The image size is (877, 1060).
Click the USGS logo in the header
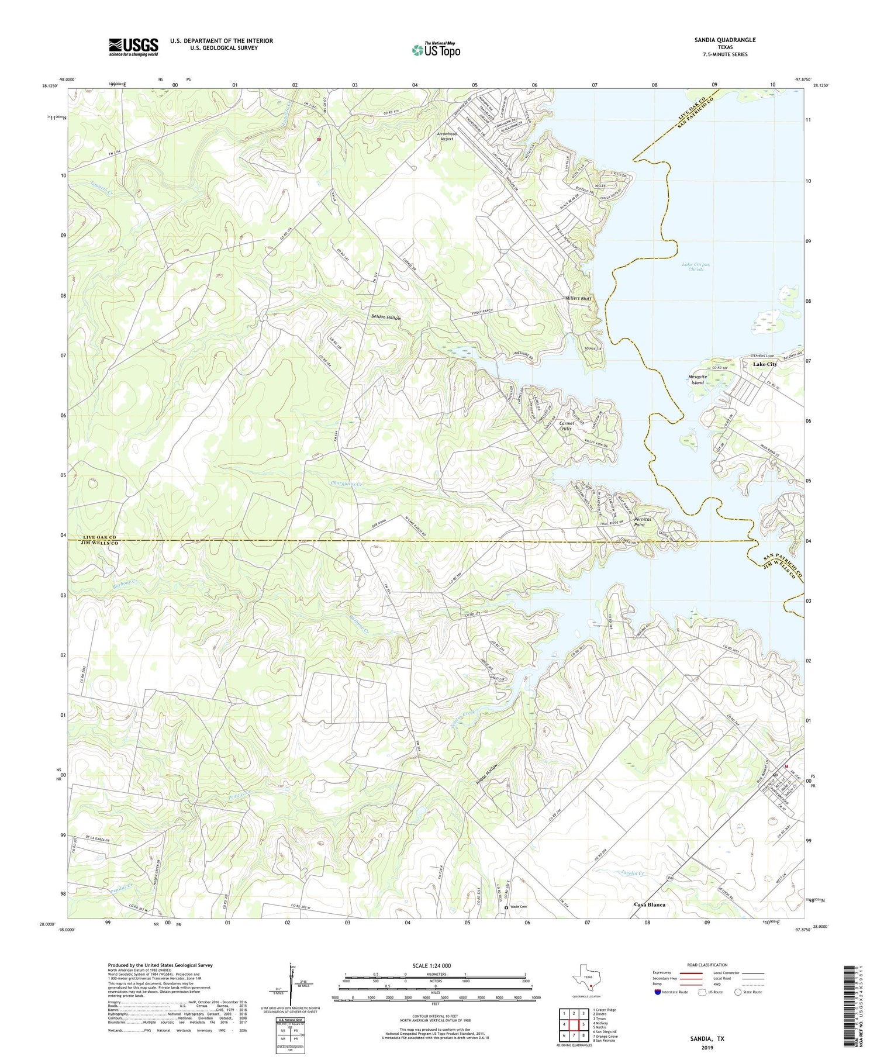click(x=133, y=47)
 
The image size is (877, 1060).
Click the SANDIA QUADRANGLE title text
click(x=726, y=40)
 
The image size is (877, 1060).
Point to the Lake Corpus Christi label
click(x=696, y=267)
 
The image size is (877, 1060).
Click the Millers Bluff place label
click(x=579, y=299)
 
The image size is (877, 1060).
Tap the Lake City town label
click(x=765, y=364)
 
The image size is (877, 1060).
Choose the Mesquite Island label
click(x=698, y=379)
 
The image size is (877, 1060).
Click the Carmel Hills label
click(x=565, y=426)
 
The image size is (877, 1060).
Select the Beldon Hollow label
click(x=386, y=317)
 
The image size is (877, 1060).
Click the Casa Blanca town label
click(x=650, y=904)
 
